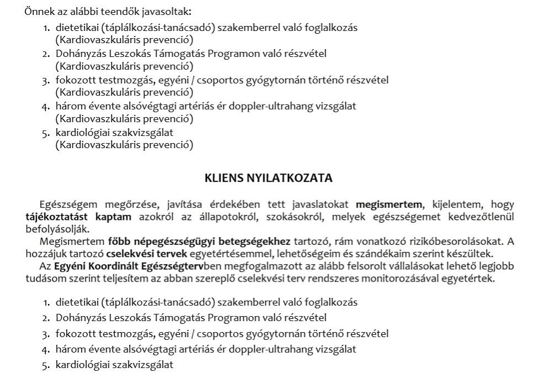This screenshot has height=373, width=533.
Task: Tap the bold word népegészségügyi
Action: coord(160,241)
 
